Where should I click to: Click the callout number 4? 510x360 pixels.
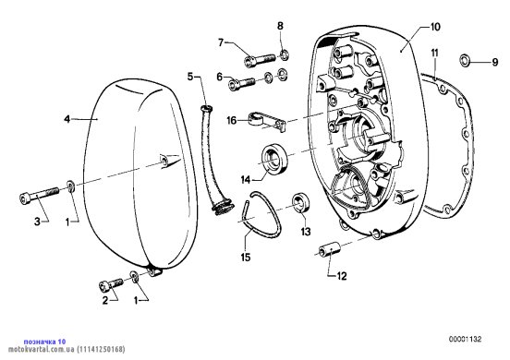[x=67, y=119]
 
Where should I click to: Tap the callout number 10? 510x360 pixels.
[x=435, y=27]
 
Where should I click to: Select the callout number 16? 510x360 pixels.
[x=232, y=121]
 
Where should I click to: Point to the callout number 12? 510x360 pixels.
[x=342, y=276]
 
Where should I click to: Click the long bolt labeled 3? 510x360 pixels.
[x=39, y=195]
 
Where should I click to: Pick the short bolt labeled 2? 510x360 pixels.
[x=111, y=284]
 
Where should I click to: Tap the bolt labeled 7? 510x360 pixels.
[x=260, y=60]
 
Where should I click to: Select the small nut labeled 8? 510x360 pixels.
[x=284, y=54]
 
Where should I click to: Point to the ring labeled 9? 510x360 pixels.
[x=465, y=60]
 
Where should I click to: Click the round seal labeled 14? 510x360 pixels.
[x=274, y=158]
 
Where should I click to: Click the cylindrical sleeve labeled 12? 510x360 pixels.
[x=330, y=249]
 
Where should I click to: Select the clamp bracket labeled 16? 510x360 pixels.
[x=267, y=121]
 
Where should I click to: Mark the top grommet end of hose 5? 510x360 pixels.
[x=206, y=108]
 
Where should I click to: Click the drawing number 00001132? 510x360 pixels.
[x=465, y=339]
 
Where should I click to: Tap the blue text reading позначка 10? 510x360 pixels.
[x=44, y=342]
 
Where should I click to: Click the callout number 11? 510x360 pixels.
[x=435, y=53]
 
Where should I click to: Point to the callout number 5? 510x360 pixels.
[x=190, y=77]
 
